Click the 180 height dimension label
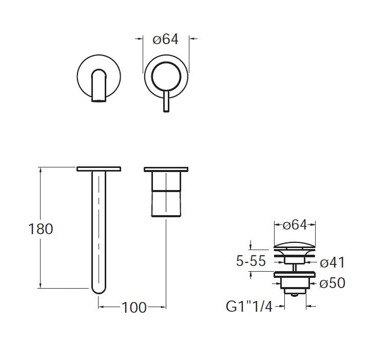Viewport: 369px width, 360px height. point(41,229)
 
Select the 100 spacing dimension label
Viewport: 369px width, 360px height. point(134,308)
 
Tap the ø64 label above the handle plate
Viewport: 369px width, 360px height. point(165,39)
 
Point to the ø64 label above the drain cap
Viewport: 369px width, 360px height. point(295,224)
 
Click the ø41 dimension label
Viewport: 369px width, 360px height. point(332,262)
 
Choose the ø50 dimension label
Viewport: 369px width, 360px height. point(332,283)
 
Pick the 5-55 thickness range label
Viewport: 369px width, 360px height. point(251,261)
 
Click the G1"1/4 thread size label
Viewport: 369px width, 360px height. point(249,306)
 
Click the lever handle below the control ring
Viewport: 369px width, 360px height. point(166,101)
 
